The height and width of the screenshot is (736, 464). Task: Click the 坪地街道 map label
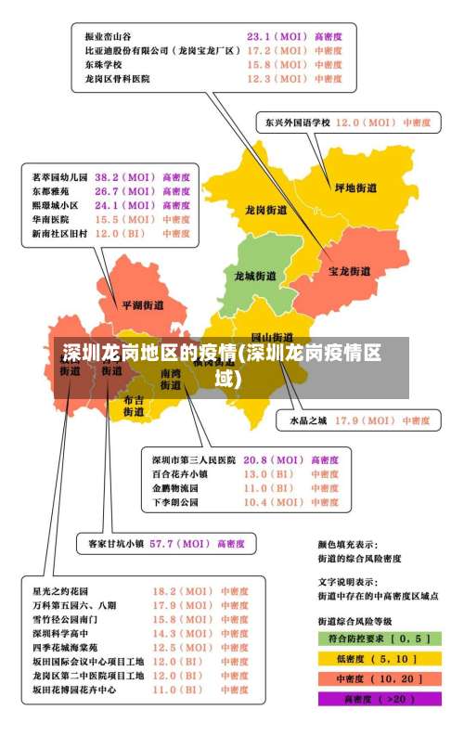[x=355, y=187]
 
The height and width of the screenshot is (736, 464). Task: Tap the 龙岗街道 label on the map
[x=265, y=211]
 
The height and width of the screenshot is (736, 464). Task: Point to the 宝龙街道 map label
[x=350, y=271]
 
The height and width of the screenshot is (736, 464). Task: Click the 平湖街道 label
[x=142, y=304]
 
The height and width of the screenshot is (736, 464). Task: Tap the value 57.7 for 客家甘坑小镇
[x=164, y=543]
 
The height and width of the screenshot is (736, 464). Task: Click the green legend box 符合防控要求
[x=378, y=639]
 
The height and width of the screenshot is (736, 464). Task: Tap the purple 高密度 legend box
[x=378, y=698]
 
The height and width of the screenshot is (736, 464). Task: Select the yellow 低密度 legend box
[x=378, y=658]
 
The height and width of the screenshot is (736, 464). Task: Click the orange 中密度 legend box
[x=378, y=678]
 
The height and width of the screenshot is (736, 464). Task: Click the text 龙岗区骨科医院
[x=117, y=79]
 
